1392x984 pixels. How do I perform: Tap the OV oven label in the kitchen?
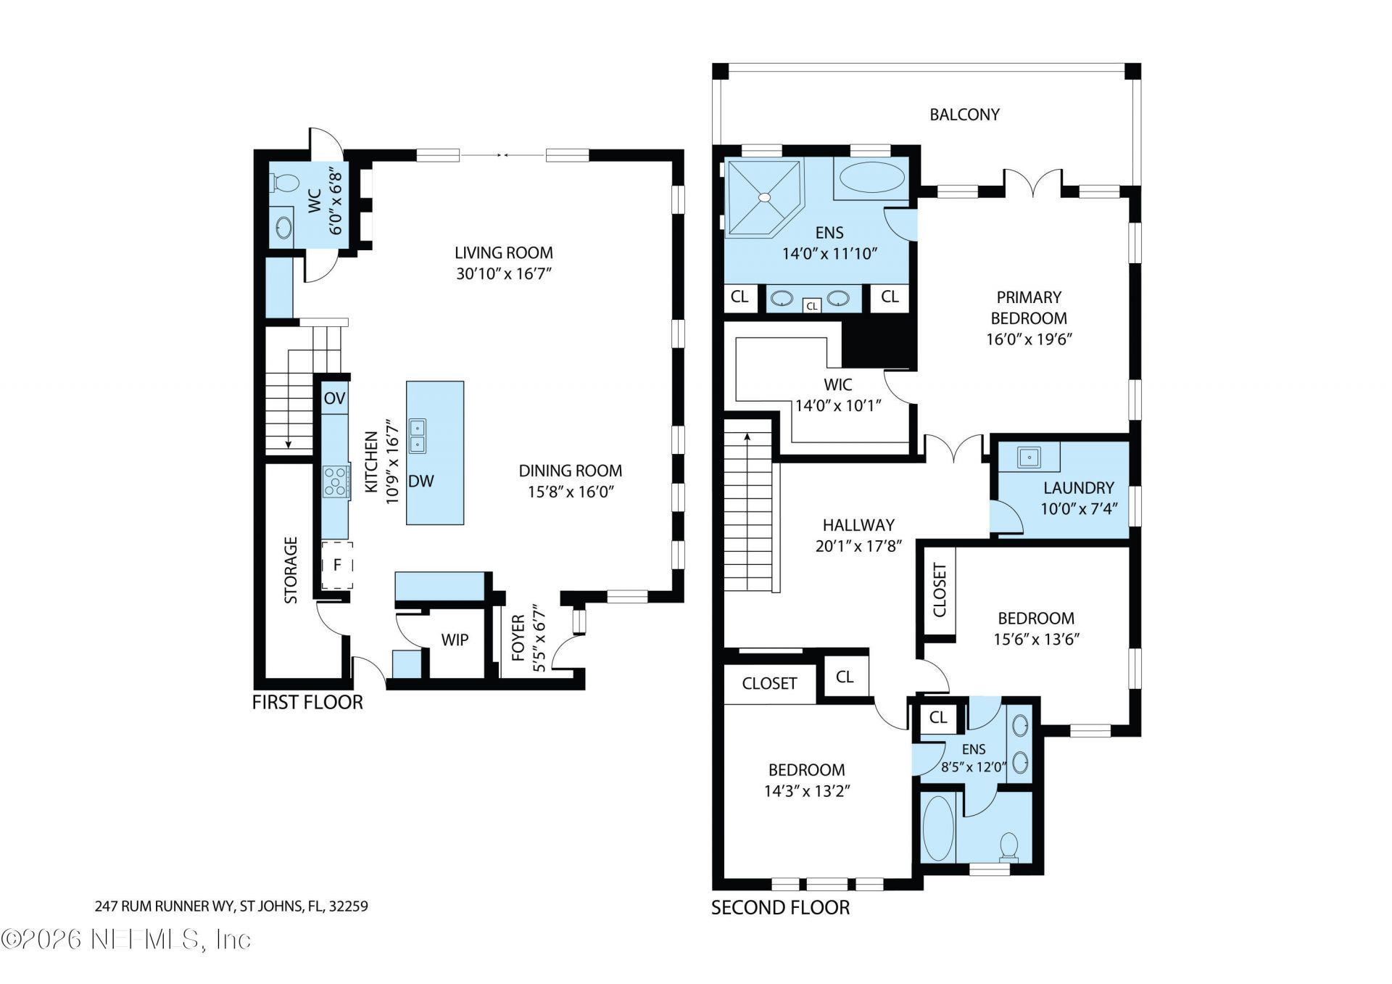(334, 398)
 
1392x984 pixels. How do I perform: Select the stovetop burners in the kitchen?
(335, 481)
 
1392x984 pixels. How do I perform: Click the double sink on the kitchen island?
(418, 436)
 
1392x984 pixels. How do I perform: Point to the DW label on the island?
(420, 481)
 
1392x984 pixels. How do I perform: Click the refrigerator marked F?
(337, 565)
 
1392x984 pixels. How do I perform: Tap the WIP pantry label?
(455, 640)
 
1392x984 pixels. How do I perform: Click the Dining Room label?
(570, 471)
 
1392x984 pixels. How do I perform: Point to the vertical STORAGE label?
(291, 570)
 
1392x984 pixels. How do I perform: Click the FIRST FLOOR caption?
(307, 702)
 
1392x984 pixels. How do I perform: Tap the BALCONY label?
(964, 115)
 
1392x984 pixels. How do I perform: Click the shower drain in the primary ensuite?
(764, 197)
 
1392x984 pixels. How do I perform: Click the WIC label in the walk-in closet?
(837, 384)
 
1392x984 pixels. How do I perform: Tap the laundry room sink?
(1029, 458)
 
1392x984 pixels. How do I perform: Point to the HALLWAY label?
(858, 525)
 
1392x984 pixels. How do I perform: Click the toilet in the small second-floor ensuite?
(1008, 846)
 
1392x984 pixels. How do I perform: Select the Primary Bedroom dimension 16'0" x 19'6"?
(1028, 339)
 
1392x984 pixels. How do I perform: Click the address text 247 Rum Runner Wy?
(231, 906)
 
